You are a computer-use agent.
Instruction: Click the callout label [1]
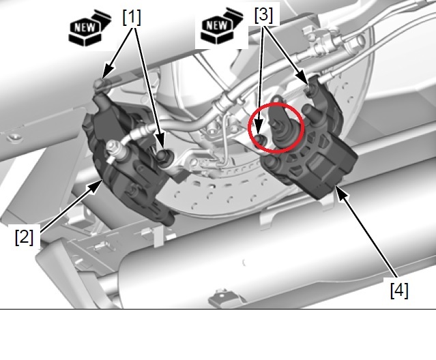tap(132, 17)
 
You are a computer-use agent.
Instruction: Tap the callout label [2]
tap(24, 237)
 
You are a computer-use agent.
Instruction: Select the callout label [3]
tap(263, 15)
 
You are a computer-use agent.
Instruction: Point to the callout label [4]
tap(399, 290)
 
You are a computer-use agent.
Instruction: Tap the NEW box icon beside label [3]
tap(222, 26)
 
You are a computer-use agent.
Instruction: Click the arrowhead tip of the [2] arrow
tap(102, 180)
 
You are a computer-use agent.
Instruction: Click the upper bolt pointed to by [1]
tap(100, 83)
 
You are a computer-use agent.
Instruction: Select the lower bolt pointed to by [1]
tap(162, 155)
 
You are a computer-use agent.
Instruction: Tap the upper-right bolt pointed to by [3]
tap(310, 89)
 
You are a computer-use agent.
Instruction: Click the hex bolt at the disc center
tap(212, 130)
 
